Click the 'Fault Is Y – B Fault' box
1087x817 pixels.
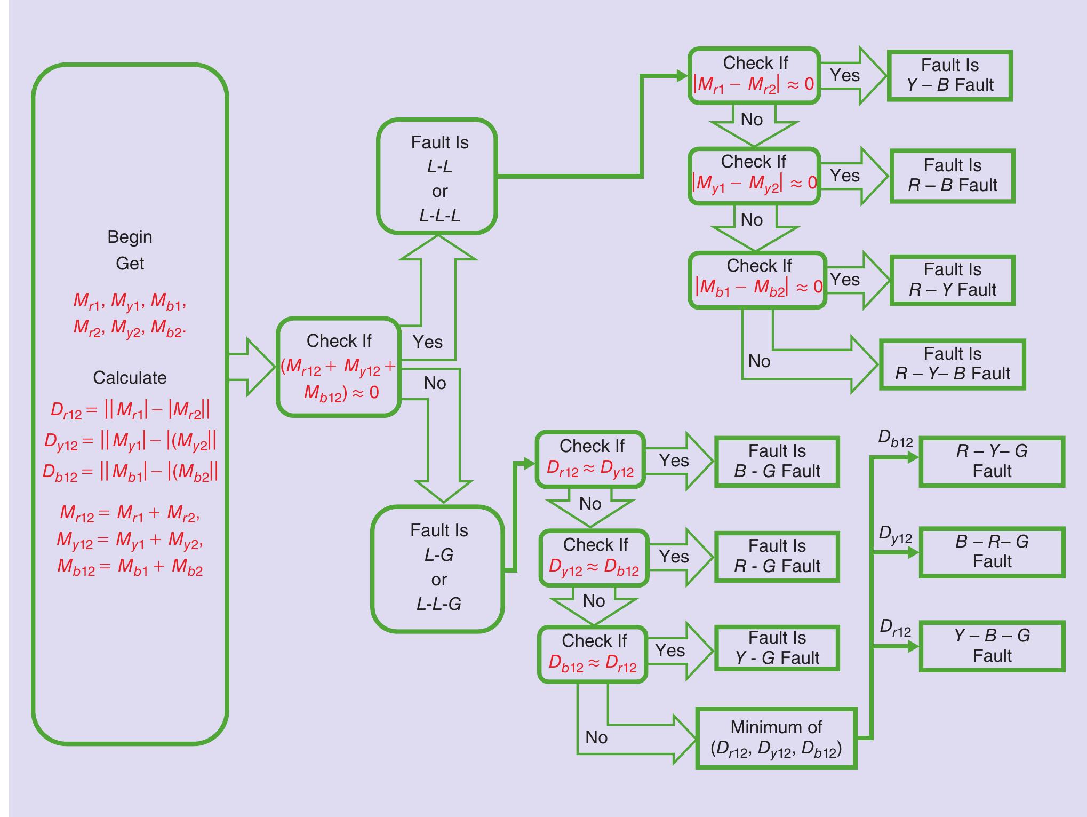[x=949, y=75]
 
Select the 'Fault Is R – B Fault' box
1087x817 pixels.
[x=952, y=176]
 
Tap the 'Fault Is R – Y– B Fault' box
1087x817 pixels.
[x=952, y=364]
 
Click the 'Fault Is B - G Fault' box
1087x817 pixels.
[x=777, y=462]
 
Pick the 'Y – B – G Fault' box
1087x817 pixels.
[x=992, y=646]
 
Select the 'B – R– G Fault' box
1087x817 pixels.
[x=992, y=552]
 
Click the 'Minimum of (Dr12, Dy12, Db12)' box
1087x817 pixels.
[x=776, y=738]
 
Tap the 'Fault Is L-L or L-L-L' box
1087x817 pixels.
[x=437, y=177]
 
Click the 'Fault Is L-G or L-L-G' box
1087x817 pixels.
[x=437, y=568]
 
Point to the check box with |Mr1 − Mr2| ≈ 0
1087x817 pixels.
[x=754, y=75]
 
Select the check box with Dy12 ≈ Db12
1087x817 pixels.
[x=594, y=558]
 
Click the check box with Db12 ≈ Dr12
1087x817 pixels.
[x=592, y=654]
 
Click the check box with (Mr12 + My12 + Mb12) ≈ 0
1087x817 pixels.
[x=338, y=367]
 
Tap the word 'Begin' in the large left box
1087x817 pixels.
[x=130, y=236]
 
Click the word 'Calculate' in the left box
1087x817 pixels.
[x=130, y=378]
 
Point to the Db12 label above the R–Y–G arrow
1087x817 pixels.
[x=895, y=440]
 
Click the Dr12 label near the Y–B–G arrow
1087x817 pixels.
[x=895, y=629]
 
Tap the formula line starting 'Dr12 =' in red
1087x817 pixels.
[x=130, y=410]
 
